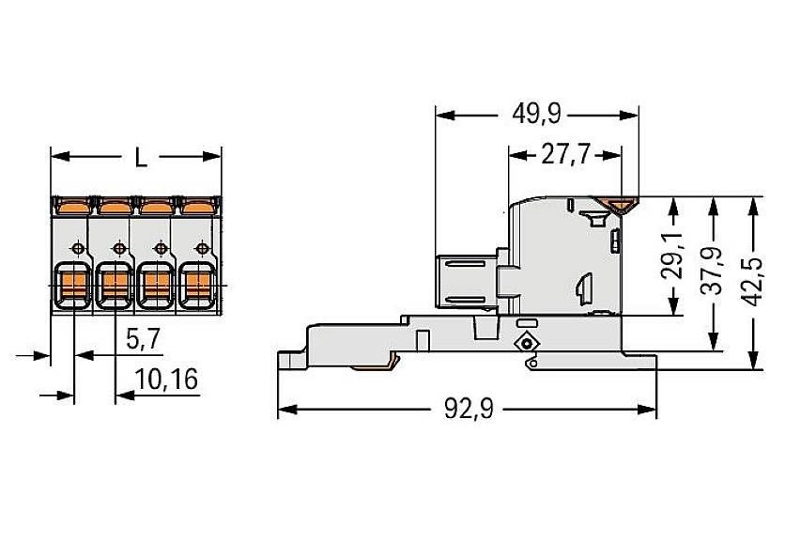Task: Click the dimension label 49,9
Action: (x=537, y=115)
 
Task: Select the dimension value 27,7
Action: (x=564, y=155)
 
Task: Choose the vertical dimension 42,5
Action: (x=756, y=281)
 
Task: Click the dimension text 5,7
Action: (x=141, y=339)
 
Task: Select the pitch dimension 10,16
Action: (x=166, y=380)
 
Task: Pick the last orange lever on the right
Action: (x=197, y=204)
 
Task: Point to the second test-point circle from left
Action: (x=118, y=248)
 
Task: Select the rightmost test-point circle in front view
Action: (x=201, y=248)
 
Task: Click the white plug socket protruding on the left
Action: (x=466, y=280)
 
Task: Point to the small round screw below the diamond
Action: (x=528, y=363)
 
